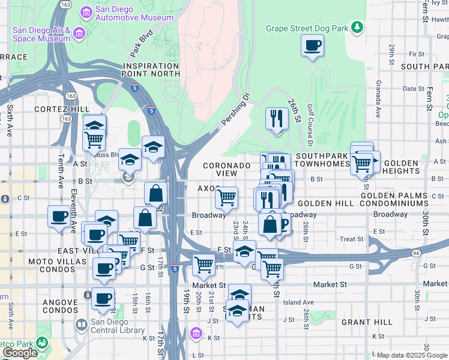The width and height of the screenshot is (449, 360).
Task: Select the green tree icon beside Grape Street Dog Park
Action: (358, 27)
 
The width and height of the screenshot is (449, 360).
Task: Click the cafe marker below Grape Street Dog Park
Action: (312, 46)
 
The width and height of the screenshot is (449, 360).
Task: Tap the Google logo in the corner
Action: (20, 353)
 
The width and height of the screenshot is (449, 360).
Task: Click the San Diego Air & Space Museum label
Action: (42, 34)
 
